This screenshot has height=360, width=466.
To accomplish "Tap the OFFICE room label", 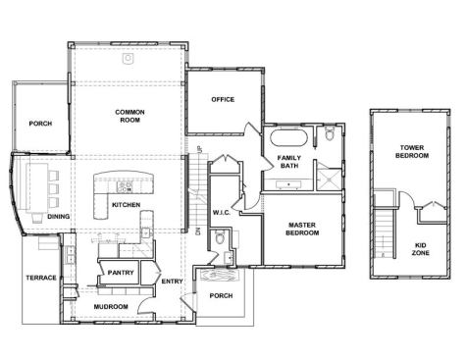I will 223,100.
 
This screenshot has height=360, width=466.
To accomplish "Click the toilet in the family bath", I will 331,135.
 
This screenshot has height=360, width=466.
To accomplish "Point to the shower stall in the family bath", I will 331,178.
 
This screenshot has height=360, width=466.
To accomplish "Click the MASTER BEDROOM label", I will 302,229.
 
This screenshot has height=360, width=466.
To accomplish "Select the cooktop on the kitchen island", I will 126,185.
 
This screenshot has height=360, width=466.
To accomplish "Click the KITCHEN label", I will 126,205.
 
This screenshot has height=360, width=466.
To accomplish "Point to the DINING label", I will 59,217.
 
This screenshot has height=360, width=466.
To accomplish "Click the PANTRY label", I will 121,273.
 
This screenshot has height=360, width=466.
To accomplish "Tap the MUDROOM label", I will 111,307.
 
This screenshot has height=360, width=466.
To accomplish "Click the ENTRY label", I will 173,282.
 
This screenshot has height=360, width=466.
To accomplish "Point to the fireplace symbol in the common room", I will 128,58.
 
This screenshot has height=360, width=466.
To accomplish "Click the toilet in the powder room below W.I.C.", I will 222,237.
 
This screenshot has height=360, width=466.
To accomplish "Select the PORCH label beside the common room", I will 40,124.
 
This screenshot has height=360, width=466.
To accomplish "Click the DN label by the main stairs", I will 197,231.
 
